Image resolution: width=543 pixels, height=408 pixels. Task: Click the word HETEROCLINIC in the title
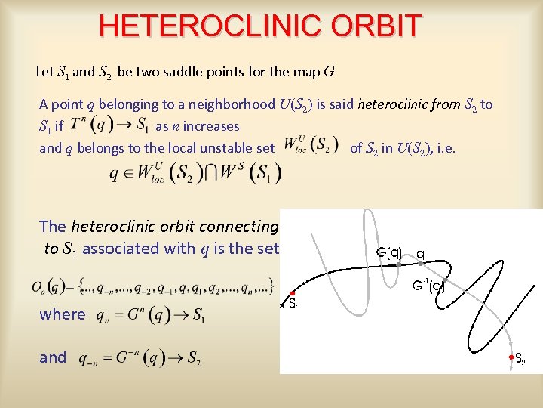194,26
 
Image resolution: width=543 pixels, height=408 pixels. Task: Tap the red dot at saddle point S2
511,357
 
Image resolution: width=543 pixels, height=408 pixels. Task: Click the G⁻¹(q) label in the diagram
428,286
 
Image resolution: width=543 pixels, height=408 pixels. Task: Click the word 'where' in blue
62,314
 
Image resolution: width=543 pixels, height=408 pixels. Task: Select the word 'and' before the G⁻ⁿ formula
53,357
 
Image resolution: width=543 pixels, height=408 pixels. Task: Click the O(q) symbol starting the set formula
44,288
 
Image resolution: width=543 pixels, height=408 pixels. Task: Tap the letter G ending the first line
329,73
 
